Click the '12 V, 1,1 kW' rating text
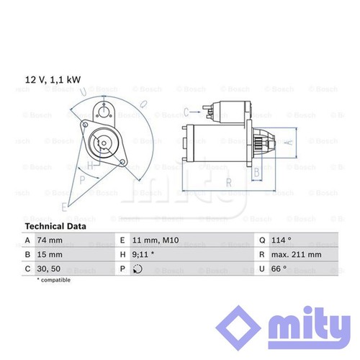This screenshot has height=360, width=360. pos(53,80)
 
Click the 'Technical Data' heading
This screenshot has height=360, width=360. pos(55,226)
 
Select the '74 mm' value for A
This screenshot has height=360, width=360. pos(50,240)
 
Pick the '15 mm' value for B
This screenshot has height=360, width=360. pos(50,254)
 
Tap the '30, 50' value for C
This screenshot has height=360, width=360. pos(49,269)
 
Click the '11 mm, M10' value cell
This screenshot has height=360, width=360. pos(156,240)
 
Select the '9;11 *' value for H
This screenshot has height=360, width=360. pos(143,254)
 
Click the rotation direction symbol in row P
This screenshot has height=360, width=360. pos(138,269)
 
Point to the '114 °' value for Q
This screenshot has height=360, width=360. pos(282,240)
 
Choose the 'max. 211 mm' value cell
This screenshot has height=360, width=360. pos(297,254)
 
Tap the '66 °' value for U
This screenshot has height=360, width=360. pos(279,269)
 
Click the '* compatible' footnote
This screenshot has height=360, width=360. pos(54,280)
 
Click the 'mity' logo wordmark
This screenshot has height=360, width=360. pos(309,329)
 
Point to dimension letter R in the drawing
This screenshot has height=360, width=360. pos(229,183)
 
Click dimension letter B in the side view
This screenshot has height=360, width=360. pos(256,173)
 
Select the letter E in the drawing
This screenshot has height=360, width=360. pos(64,207)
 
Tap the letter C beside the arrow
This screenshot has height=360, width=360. pos(186,112)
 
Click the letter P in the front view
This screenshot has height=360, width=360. pos(82,180)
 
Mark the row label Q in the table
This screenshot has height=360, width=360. pos(262,240)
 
